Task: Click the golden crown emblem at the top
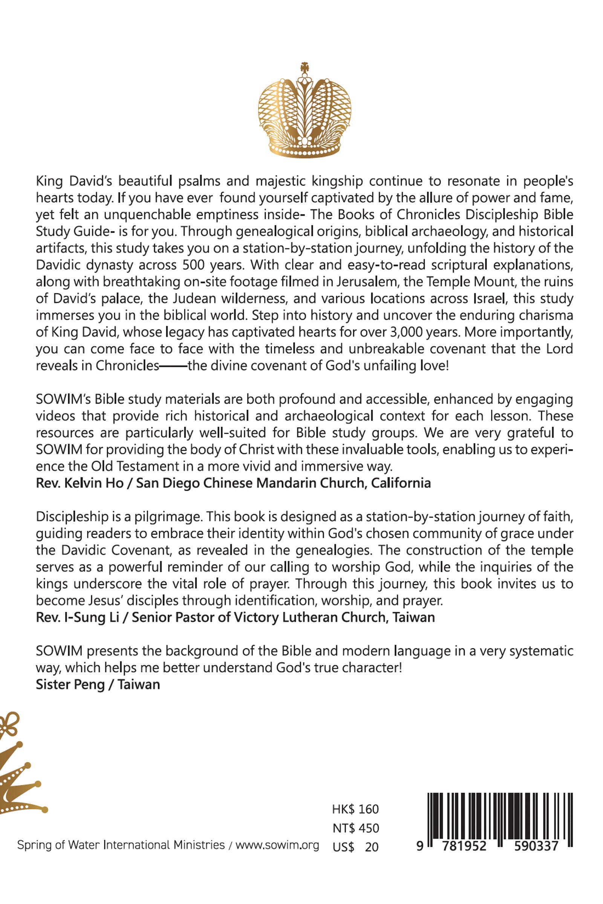(x=304, y=111)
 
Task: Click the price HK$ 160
(x=355, y=809)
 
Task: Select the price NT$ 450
(x=355, y=828)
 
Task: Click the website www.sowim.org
(x=277, y=845)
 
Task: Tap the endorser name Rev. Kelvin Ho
(x=80, y=483)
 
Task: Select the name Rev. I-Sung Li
(x=77, y=617)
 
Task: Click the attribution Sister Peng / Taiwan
(x=98, y=684)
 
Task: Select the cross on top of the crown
(x=305, y=67)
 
